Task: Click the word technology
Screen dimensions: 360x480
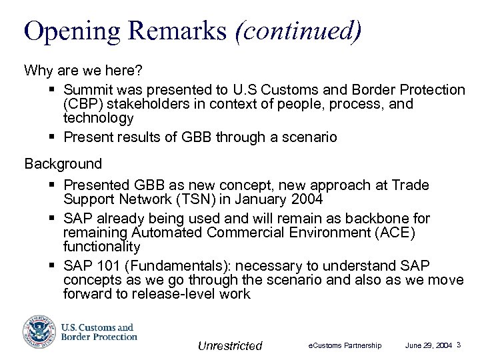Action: [99, 118]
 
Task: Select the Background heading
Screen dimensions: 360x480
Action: [63, 163]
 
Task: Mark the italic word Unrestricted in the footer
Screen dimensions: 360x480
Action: [230, 345]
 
